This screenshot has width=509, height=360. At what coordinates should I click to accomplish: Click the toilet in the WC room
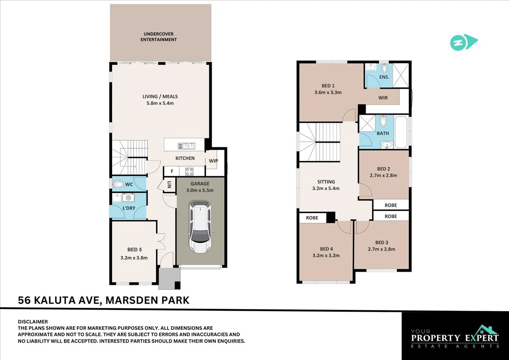118,184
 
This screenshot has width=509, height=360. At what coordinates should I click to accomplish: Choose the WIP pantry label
213,161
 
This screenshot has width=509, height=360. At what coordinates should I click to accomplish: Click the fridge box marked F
172,172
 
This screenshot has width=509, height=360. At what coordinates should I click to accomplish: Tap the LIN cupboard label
169,185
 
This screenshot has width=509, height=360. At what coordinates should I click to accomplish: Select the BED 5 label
134,250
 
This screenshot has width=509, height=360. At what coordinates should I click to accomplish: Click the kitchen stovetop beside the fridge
189,172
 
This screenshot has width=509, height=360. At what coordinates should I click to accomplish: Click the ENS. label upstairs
385,77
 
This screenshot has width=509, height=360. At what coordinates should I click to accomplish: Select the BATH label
383,133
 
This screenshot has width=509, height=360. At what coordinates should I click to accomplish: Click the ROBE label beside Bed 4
312,218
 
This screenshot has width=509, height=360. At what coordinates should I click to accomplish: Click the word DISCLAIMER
33,322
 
